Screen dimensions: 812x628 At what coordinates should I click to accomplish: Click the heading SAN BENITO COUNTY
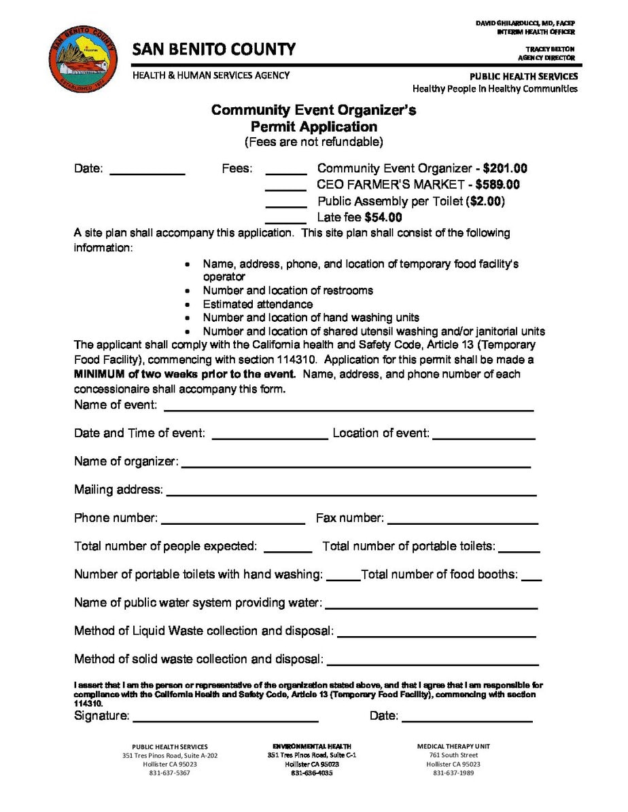coord(214,50)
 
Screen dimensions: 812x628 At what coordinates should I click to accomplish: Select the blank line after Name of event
coord(348,407)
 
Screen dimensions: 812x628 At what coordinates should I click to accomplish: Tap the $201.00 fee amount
coord(505,168)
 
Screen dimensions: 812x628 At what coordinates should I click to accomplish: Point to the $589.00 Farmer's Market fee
coord(498,185)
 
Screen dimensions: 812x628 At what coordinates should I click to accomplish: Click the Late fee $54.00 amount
coord(383,217)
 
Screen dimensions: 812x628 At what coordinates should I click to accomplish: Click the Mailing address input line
coord(351,492)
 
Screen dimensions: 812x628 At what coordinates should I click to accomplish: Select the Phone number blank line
coord(233,520)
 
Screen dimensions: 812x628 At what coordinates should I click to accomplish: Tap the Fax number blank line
coord(462,520)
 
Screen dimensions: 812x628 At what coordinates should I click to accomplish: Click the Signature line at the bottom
coord(226,718)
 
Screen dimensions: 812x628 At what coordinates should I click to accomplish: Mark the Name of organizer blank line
coord(355,464)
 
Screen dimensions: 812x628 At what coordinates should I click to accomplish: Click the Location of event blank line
coord(483,435)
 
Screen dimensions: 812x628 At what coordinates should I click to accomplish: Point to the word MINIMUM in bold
coord(101,374)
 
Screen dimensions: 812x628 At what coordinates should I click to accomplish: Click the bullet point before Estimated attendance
coord(188,305)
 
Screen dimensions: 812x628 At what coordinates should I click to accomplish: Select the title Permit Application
coord(313,126)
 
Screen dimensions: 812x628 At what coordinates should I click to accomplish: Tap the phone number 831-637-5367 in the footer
coord(170,773)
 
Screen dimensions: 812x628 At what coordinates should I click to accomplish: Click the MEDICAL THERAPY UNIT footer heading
coord(453,746)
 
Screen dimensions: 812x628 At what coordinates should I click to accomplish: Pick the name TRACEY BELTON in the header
coord(550,49)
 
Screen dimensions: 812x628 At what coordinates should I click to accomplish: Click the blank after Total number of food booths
coord(533,577)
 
